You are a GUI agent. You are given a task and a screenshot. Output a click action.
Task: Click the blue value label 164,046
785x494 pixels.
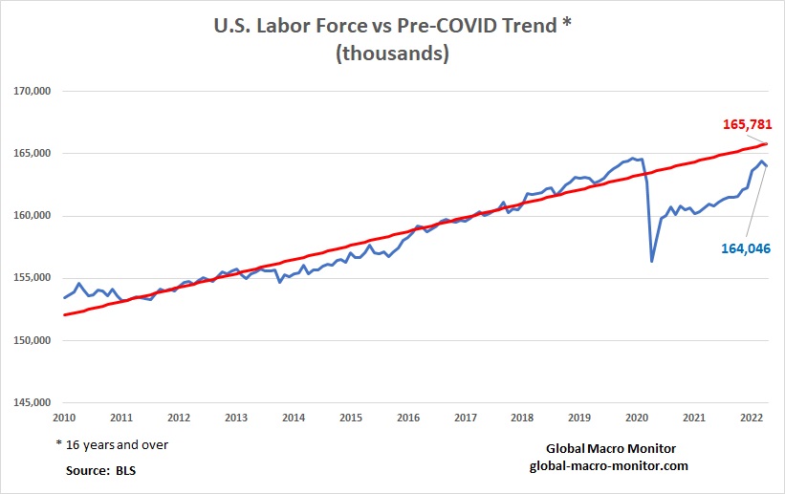(745, 247)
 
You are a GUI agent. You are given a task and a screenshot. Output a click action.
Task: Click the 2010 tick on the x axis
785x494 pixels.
(64, 419)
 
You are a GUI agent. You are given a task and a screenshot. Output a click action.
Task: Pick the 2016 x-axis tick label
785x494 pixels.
(408, 419)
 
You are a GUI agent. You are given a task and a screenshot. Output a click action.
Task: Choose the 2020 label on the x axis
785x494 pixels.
(638, 419)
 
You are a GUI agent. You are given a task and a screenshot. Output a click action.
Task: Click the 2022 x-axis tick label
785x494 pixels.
(752, 419)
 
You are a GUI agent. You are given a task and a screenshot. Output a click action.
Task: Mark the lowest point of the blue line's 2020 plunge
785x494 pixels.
(652, 261)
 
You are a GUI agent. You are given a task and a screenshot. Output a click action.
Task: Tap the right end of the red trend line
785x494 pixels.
(767, 144)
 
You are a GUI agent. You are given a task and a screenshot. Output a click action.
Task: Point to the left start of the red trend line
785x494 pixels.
(64, 314)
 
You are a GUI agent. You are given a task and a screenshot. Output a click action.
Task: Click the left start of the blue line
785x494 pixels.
(64, 297)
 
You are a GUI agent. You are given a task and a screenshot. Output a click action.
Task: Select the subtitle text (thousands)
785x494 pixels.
(392, 54)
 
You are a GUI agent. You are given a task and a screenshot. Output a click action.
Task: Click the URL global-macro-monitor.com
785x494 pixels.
(608, 464)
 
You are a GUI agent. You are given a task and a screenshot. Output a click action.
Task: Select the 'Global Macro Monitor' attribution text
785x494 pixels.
(608, 448)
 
